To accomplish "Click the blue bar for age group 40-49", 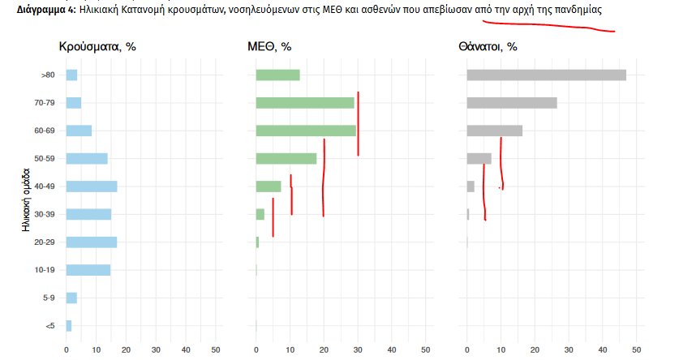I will (92, 186).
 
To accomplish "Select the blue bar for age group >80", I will (71, 75).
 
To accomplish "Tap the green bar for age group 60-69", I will (306, 131).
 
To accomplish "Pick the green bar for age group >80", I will (277, 75).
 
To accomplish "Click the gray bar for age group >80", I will (546, 75).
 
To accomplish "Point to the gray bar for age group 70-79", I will (511, 103).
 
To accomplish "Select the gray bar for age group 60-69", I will (494, 131).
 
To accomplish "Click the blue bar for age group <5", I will (69, 325).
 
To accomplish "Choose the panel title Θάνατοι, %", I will (488, 47).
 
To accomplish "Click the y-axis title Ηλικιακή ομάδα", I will (28, 200).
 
